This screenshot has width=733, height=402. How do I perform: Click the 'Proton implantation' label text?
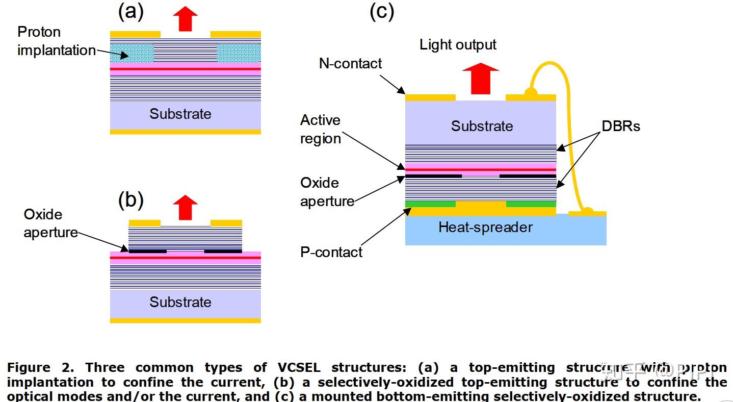coord(56,41)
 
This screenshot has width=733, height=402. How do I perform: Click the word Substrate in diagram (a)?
coord(180,114)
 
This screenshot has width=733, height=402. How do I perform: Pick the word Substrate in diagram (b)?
coord(180,302)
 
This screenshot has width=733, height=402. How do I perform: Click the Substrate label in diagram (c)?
coord(482,126)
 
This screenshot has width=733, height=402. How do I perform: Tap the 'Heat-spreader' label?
coord(485,227)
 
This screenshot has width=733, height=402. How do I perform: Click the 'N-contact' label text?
coord(350,63)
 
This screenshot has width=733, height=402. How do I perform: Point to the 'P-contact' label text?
coord(331,252)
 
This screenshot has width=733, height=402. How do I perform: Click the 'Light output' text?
coord(458,45)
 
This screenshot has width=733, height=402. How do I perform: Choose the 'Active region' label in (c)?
coord(320,129)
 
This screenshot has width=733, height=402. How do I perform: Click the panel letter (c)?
coord(382,11)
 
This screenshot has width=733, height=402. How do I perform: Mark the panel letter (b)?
coord(131,200)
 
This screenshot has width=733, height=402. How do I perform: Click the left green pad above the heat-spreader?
coord(430,204)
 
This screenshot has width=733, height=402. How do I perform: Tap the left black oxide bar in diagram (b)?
coord(148,251)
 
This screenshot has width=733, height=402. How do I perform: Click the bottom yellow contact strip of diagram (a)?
coord(185,132)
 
